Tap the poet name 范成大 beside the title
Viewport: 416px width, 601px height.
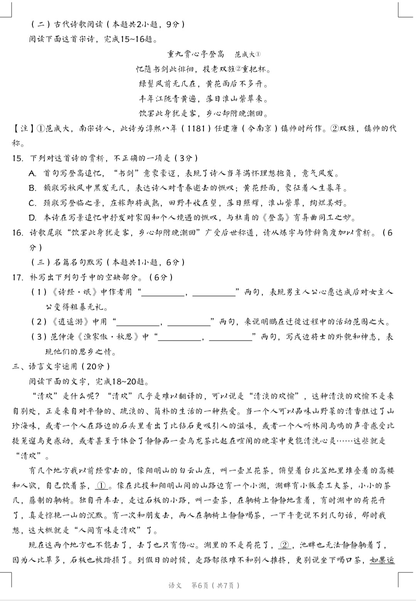[246, 54]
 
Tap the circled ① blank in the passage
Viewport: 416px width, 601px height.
[101, 486]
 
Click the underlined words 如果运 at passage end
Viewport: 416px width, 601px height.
[382, 560]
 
